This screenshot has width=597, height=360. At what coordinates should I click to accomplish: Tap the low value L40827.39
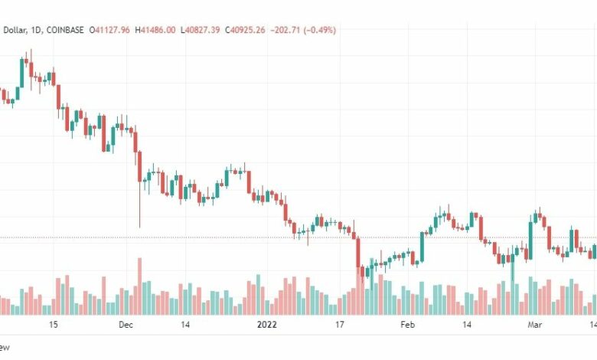pos(201,30)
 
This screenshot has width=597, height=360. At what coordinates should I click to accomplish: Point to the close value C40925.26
pos(246,30)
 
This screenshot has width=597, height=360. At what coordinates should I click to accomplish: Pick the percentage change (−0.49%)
pos(320,30)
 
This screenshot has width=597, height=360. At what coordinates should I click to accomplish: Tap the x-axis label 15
pos(53,325)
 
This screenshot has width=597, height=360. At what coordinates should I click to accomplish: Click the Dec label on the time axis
pos(126,325)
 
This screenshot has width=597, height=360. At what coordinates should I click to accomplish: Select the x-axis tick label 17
pos(341,325)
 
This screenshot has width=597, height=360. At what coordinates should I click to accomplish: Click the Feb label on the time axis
pos(407,325)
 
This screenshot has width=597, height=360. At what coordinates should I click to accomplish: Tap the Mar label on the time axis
pos(536,325)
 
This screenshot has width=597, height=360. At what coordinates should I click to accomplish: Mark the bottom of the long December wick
pos(139,227)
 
